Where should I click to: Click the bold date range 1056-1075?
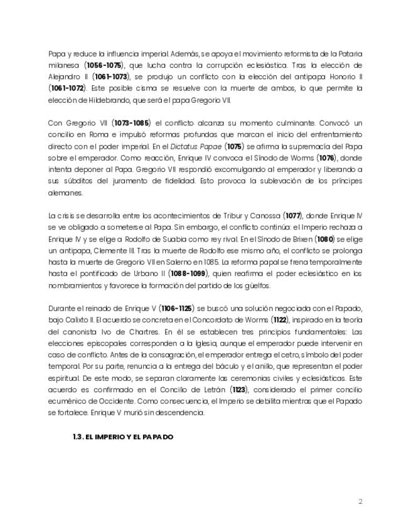click(104, 65)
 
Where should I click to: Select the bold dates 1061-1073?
click(107, 77)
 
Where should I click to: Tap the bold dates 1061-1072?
click(68, 88)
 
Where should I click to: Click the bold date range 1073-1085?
click(132, 124)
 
